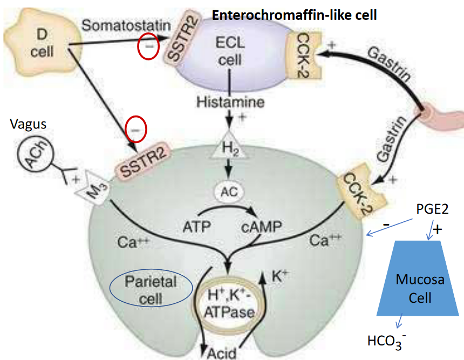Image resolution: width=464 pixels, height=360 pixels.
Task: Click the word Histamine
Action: tap(230, 102)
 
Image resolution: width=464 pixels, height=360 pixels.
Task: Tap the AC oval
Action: tap(230, 191)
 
